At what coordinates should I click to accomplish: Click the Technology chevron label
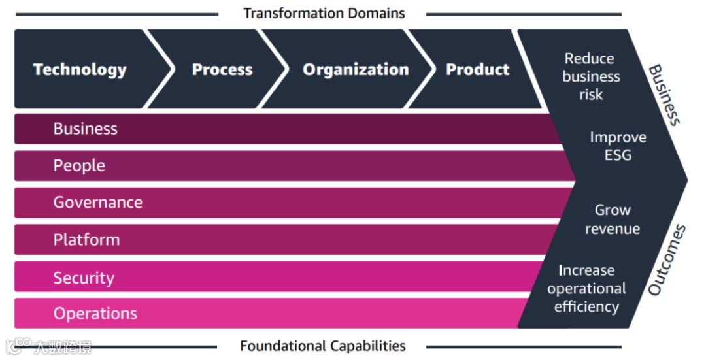pyautogui.click(x=80, y=70)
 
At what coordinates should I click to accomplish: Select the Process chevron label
pyautogui.click(x=222, y=70)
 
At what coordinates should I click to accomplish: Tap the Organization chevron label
pyautogui.click(x=356, y=70)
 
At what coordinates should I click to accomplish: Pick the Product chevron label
pyautogui.click(x=477, y=70)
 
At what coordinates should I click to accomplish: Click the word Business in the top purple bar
pyautogui.click(x=86, y=129)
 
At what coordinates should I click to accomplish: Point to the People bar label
pyautogui.click(x=79, y=166)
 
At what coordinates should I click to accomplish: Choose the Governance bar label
pyautogui.click(x=98, y=203)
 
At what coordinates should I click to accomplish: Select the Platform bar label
pyautogui.click(x=87, y=240)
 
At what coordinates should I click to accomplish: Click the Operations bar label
pyautogui.click(x=95, y=314)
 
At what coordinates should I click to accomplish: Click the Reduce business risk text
pyautogui.click(x=590, y=76)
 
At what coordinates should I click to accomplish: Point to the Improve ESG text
pyautogui.click(x=618, y=146)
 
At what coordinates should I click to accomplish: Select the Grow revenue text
pyautogui.click(x=613, y=220)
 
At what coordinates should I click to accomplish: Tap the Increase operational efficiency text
pyautogui.click(x=586, y=288)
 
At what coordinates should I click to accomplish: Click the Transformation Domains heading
pyautogui.click(x=324, y=13)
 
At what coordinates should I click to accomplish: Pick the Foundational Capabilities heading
pyautogui.click(x=323, y=346)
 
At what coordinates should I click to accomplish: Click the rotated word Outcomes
pyautogui.click(x=667, y=259)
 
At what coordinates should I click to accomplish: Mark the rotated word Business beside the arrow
pyautogui.click(x=665, y=95)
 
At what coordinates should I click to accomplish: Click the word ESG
pyautogui.click(x=618, y=155)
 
